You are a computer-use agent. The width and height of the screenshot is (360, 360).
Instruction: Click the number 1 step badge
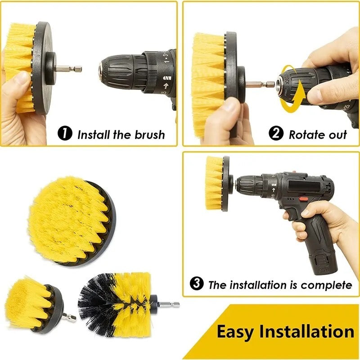point(65,134)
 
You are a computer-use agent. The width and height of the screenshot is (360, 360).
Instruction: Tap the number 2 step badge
point(276,134)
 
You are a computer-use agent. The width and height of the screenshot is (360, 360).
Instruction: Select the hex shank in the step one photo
point(72,69)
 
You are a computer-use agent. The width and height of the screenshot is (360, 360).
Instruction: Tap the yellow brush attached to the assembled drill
point(215,183)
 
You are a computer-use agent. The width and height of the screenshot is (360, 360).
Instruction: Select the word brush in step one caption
point(148,134)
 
